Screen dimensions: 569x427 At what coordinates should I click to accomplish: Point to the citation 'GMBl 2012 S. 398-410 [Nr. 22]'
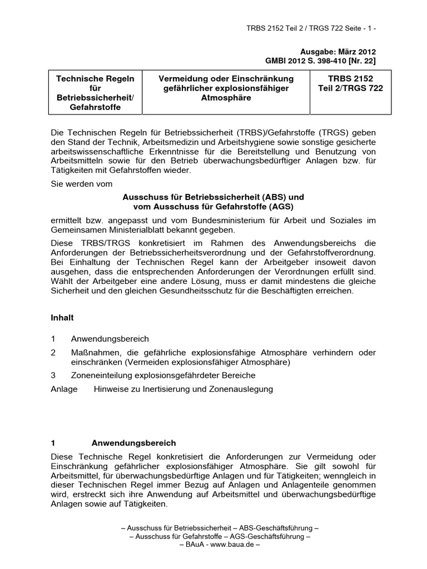tap(320, 60)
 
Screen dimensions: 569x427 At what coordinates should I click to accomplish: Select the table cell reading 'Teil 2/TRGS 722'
tap(350, 88)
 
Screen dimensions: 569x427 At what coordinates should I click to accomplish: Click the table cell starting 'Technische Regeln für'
tap(96, 92)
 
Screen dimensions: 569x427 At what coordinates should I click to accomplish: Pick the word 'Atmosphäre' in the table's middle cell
tap(226, 98)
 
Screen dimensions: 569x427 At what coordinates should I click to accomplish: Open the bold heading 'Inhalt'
tap(62, 318)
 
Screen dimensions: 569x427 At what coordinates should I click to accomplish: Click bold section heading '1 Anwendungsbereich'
tap(113, 443)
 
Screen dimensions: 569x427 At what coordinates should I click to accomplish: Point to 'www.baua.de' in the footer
tap(229, 545)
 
